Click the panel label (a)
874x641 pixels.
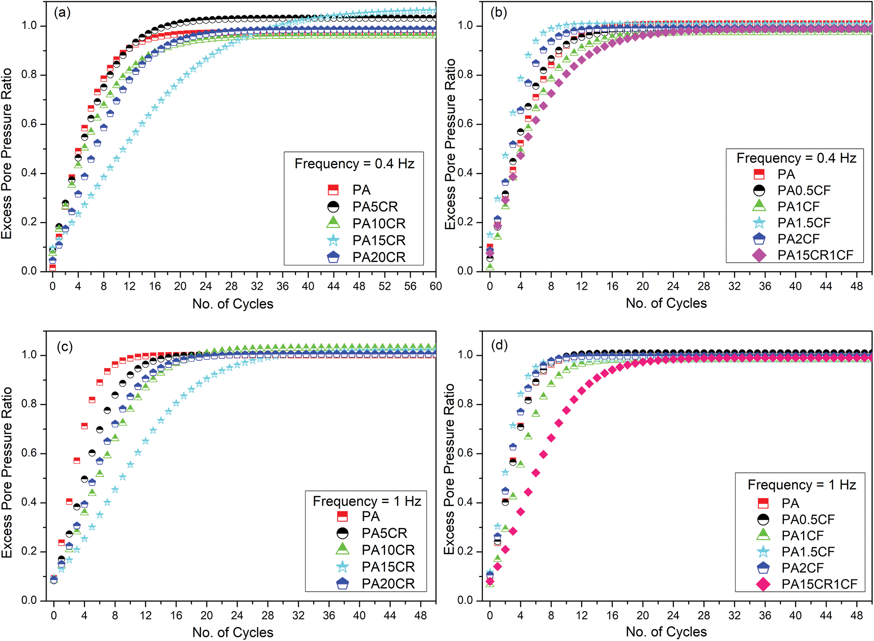pos(62,13)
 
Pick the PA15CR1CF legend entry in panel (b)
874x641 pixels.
pos(815,255)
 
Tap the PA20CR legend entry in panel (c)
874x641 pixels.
pos(388,584)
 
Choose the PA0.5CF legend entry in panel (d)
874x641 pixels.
pos(808,520)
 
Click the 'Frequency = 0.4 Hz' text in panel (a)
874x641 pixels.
pos(354,164)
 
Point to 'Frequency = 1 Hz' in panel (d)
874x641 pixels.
pos(802,485)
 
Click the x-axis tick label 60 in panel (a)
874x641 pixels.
pos(436,286)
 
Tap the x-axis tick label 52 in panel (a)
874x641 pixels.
pos(385,286)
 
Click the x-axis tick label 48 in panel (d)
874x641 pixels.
pos(856,615)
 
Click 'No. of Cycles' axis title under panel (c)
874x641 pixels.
pos(233,632)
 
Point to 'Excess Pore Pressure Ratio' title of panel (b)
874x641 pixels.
pos(450,144)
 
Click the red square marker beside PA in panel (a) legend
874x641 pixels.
pos(333,190)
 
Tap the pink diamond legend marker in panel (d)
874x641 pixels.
pos(763,584)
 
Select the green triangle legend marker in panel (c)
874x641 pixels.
pos(343,550)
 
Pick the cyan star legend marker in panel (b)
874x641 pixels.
pos(759,223)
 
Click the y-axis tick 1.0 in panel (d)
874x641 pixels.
pos(466,355)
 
